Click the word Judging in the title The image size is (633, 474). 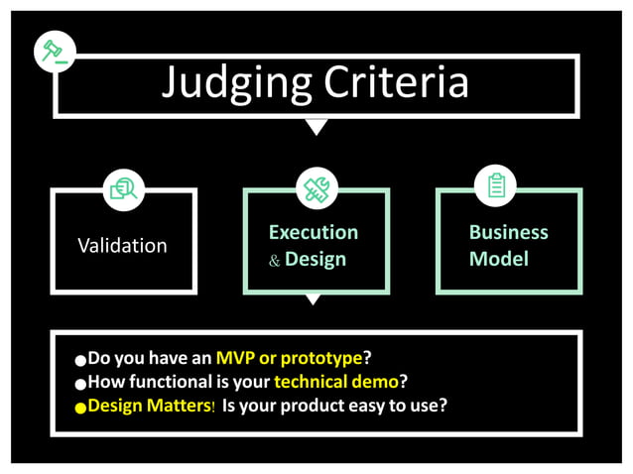[227, 83]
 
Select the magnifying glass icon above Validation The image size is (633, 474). [124, 186]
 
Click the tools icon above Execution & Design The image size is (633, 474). [316, 186]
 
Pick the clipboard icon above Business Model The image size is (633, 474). [496, 185]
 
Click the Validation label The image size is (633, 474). [122, 245]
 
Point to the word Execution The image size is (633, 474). [314, 232]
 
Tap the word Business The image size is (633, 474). [508, 232]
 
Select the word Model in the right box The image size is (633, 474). [498, 259]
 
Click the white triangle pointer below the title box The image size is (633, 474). [316, 126]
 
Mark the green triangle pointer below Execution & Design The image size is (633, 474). [314, 298]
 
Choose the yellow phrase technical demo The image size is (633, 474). [336, 381]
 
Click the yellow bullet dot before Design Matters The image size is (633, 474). [80, 408]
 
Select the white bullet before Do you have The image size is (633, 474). [80, 360]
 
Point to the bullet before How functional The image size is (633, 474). [80, 384]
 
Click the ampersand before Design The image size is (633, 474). [275, 261]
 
